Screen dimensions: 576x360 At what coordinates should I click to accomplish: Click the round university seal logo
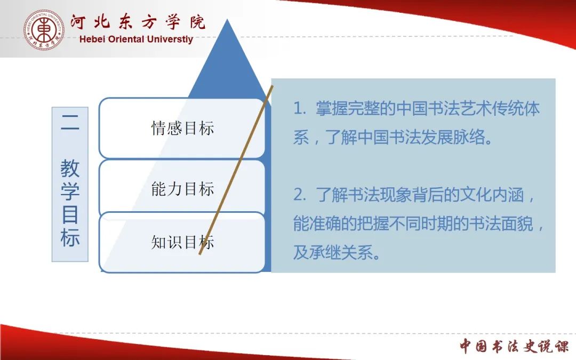(44, 30)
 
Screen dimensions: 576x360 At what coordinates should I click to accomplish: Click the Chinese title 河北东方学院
(138, 22)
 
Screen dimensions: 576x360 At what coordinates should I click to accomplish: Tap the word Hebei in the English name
(92, 39)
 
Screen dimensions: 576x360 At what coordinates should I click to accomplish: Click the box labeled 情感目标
(182, 128)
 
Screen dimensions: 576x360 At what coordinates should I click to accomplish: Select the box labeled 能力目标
(182, 188)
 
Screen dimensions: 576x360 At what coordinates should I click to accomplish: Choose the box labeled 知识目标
(182, 243)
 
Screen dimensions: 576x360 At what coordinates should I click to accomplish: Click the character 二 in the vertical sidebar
(70, 122)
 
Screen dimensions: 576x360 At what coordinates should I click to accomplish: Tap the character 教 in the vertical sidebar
(70, 168)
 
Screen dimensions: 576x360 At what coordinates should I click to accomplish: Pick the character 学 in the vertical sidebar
(70, 191)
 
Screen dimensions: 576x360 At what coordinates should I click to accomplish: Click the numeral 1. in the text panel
(300, 109)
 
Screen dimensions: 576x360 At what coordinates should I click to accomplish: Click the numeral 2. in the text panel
(300, 195)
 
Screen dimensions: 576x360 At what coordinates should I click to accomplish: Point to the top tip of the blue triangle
(227, 19)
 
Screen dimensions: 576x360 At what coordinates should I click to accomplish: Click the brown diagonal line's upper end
(273, 86)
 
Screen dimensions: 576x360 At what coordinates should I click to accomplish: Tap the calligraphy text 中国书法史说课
(514, 346)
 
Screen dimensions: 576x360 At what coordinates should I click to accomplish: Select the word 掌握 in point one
(332, 109)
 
